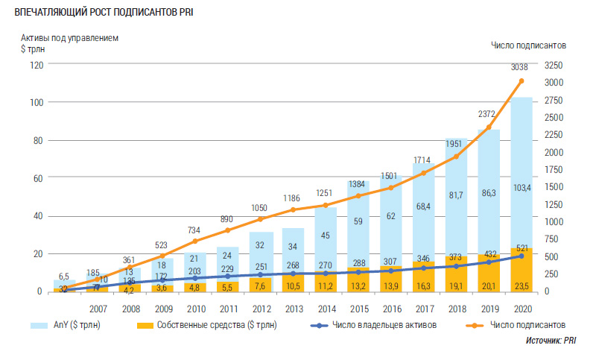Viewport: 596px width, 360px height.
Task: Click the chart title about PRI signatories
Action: pyautogui.click(x=104, y=12)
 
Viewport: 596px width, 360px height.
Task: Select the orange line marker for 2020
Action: pyautogui.click(x=521, y=80)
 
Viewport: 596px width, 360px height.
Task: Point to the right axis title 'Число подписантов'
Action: pyautogui.click(x=528, y=45)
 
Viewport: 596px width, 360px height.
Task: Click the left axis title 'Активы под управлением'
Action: pyautogui.click(x=69, y=37)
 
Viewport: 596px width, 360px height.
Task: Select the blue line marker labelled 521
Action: pyautogui.click(x=521, y=256)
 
